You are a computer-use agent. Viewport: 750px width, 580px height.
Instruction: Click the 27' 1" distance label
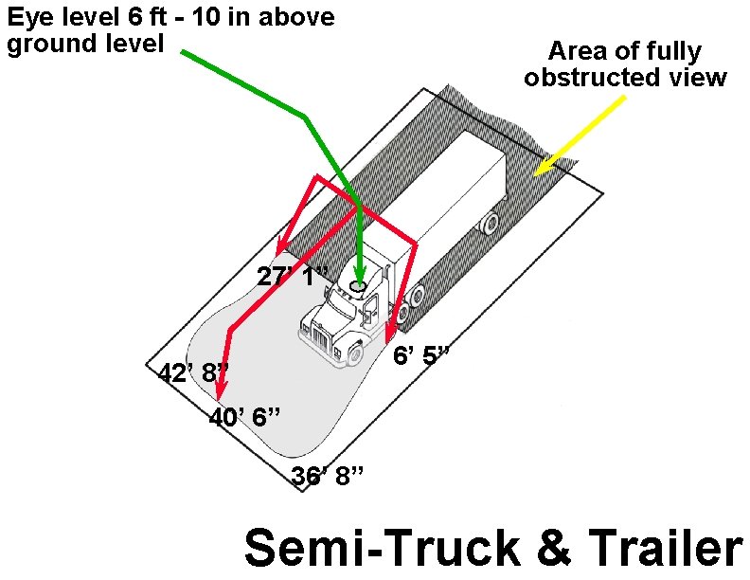(293, 276)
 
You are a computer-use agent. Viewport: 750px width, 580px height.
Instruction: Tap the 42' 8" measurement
(193, 372)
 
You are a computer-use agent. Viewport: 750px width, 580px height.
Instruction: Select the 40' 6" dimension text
(243, 416)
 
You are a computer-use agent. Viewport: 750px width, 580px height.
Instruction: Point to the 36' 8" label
(328, 476)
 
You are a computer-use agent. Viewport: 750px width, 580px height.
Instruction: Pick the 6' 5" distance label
(420, 356)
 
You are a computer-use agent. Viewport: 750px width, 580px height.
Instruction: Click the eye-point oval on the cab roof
(358, 284)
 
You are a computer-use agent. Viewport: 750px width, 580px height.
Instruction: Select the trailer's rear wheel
(490, 224)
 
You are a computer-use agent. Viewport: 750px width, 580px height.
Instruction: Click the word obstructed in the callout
(580, 78)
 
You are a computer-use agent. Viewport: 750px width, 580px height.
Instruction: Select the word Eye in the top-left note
(27, 18)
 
